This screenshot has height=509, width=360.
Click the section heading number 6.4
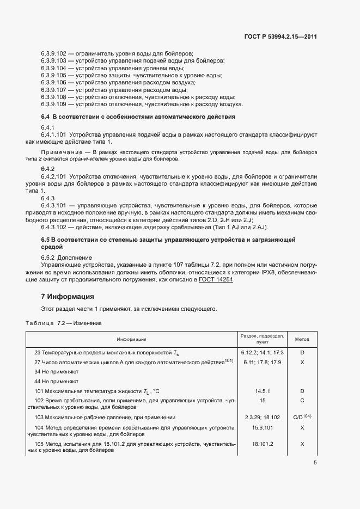(45, 117)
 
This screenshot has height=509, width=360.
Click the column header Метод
(302, 339)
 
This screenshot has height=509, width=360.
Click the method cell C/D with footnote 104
(302, 416)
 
